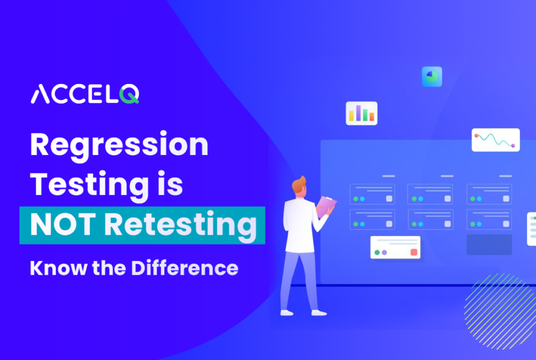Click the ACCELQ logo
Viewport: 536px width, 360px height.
pyautogui.click(x=85, y=94)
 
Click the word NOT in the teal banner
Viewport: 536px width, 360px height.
pyautogui.click(x=63, y=225)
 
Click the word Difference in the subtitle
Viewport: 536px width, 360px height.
pyautogui.click(x=185, y=268)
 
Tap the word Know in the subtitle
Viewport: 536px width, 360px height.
pyautogui.click(x=58, y=268)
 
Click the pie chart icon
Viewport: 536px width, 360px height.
pyautogui.click(x=432, y=76)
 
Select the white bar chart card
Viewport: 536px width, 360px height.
pyautogui.click(x=362, y=113)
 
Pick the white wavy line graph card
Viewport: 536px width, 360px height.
pyautogui.click(x=496, y=139)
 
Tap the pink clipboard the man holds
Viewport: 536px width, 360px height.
pyautogui.click(x=326, y=206)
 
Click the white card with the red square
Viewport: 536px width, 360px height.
pyautogui.click(x=395, y=247)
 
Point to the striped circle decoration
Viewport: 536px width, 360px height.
pyautogui.click(x=500, y=311)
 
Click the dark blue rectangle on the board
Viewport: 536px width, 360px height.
pyautogui.click(x=489, y=245)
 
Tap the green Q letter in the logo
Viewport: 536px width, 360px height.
pyautogui.click(x=130, y=94)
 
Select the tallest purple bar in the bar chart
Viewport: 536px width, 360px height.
pyautogui.click(x=359, y=113)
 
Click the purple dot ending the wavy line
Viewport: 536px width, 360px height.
pyautogui.click(x=513, y=146)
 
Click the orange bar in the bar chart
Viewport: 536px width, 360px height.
pyautogui.click(x=372, y=117)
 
